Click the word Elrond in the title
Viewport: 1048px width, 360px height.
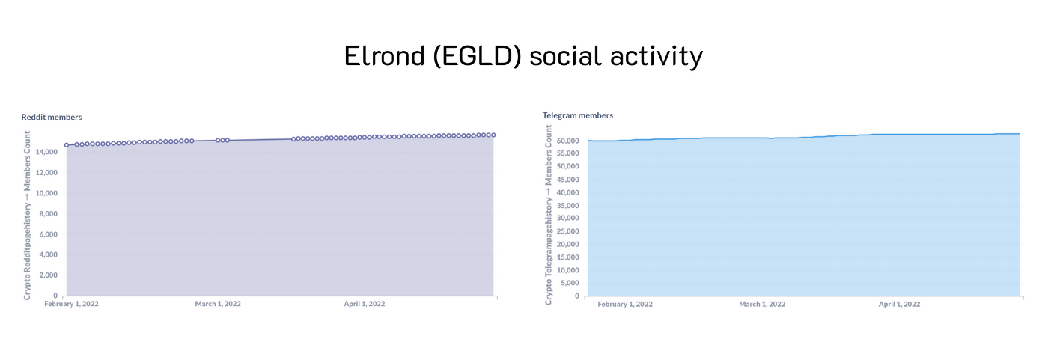[x=385, y=56]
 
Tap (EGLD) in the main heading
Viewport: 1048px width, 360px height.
[x=478, y=57]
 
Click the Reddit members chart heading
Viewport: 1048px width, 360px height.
[x=52, y=117]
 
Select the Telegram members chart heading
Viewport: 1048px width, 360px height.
[x=578, y=115]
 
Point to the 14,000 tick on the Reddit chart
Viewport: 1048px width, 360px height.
[x=46, y=152]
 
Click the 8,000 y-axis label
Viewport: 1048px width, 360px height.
[x=48, y=213]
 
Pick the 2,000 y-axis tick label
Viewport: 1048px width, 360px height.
[x=48, y=275]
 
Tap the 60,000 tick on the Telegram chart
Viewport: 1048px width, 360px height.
[x=568, y=141]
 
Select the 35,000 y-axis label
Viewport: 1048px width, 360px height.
[x=568, y=205]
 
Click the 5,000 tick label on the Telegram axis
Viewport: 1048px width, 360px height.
[x=570, y=283]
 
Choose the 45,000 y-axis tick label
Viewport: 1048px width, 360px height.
[x=568, y=180]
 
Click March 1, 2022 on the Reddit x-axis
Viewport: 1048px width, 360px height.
[x=218, y=304]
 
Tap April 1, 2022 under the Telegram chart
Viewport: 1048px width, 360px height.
[x=899, y=305]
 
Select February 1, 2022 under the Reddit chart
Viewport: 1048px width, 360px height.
[x=72, y=304]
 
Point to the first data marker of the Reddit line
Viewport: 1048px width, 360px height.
[x=67, y=145]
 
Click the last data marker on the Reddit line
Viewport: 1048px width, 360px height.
[x=493, y=135]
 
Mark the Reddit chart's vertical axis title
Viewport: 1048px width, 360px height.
[x=27, y=216]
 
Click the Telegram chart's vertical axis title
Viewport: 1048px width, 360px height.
[x=548, y=215]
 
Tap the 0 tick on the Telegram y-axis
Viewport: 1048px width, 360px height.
[x=577, y=296]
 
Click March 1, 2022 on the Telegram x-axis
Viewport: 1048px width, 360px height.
[x=762, y=305]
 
